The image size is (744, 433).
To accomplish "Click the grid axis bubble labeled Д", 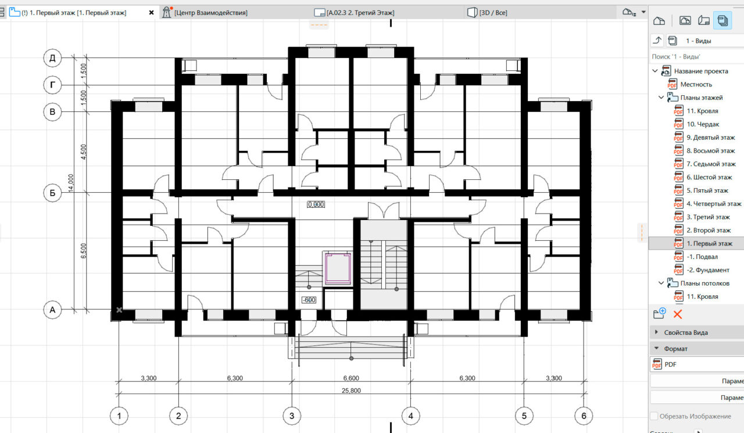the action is coord(52,58).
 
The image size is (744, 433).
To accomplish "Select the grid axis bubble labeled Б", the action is coord(52,193).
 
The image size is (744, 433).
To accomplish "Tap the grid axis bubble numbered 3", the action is coord(292,416).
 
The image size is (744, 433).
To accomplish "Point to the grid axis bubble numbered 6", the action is coord(584,416).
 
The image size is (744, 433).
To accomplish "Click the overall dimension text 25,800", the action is coord(351,391).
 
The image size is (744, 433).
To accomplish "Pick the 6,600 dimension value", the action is coord(351,378).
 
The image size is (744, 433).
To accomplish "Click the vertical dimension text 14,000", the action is coord(71,183).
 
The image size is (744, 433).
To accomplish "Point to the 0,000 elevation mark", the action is coord(316,204).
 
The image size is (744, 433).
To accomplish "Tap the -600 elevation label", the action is coord(309,300).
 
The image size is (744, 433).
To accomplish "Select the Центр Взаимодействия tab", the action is coord(210,13).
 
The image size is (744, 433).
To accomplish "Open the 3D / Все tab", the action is coord(493,13).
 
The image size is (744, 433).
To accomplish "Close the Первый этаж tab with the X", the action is coord(152,13).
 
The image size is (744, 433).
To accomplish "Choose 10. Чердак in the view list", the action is coord(703,124).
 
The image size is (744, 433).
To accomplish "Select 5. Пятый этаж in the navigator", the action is coord(707,190).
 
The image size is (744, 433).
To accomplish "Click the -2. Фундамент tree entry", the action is coord(708,270).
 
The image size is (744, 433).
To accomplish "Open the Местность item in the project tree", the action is coord(696,85).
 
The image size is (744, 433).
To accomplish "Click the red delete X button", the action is coord(678,314).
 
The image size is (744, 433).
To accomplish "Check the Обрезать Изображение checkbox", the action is coord(654,416).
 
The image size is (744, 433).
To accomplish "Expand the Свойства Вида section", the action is coord(685,333).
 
